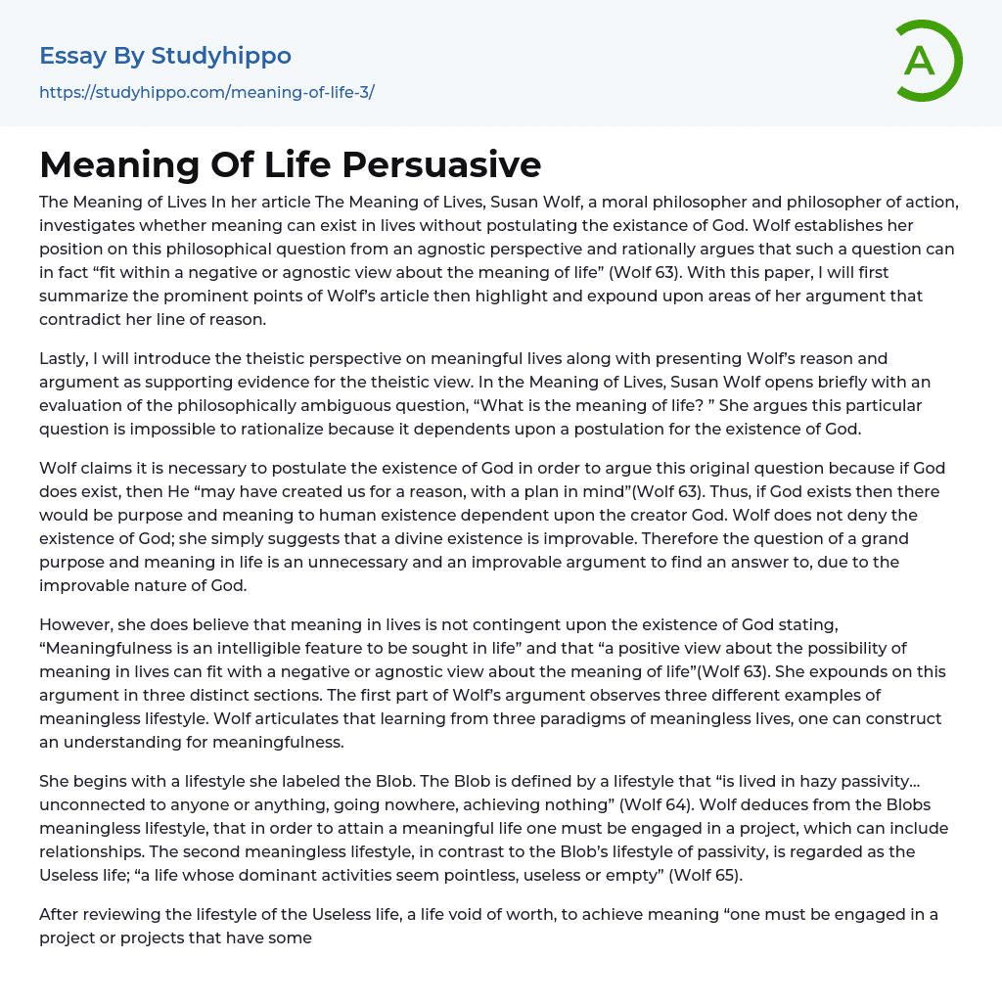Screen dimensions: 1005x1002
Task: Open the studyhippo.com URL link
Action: pyautogui.click(x=206, y=92)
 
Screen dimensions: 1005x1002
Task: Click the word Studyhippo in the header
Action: pyautogui.click(x=221, y=56)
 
